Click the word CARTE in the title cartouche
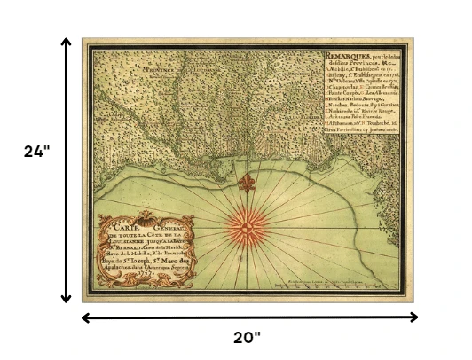click(119, 229)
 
